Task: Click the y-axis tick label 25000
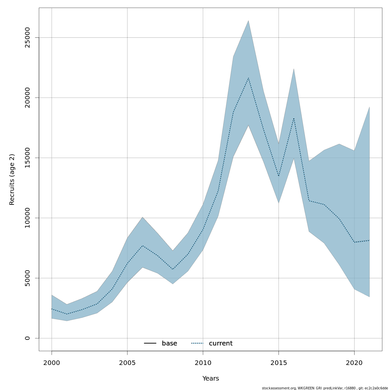27,37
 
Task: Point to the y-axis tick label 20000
27,97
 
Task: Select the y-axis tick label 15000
27,158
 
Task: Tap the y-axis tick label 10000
27,218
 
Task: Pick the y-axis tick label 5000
27,278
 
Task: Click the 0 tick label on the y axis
27,338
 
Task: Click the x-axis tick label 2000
52,363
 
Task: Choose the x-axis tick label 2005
127,363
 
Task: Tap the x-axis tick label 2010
203,363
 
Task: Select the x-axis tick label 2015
279,363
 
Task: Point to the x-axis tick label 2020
354,363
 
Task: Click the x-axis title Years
211,379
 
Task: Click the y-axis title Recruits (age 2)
12,179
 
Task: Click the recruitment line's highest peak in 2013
248,78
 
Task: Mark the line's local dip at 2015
279,176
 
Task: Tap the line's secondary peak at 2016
294,118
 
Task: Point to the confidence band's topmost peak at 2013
248,20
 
